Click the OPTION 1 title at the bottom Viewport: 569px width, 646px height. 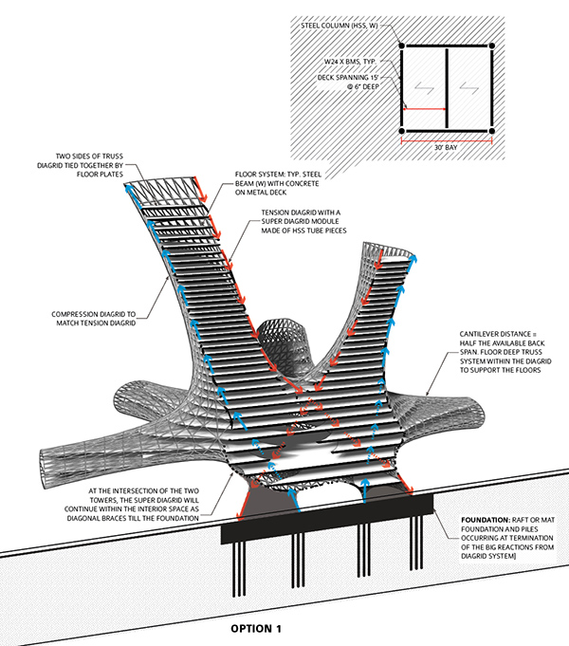pos(256,628)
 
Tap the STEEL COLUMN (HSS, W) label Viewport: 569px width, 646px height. pos(340,26)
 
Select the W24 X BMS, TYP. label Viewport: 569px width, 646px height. pos(350,62)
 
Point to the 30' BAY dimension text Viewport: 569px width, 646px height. pos(446,147)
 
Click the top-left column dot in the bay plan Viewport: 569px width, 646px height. pos(402,46)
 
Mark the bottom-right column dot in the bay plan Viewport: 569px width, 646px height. pos(491,132)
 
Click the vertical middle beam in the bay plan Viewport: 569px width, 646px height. pos(447,88)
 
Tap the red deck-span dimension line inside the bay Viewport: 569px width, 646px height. pos(425,109)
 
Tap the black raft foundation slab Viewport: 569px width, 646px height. pos(327,519)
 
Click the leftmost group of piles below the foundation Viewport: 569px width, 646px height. pos(239,569)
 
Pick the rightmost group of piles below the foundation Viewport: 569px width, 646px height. pos(416,543)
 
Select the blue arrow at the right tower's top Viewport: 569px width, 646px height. pos(411,265)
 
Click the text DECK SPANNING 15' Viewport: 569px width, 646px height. pos(348,78)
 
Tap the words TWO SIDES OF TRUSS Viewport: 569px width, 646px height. pos(89,157)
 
